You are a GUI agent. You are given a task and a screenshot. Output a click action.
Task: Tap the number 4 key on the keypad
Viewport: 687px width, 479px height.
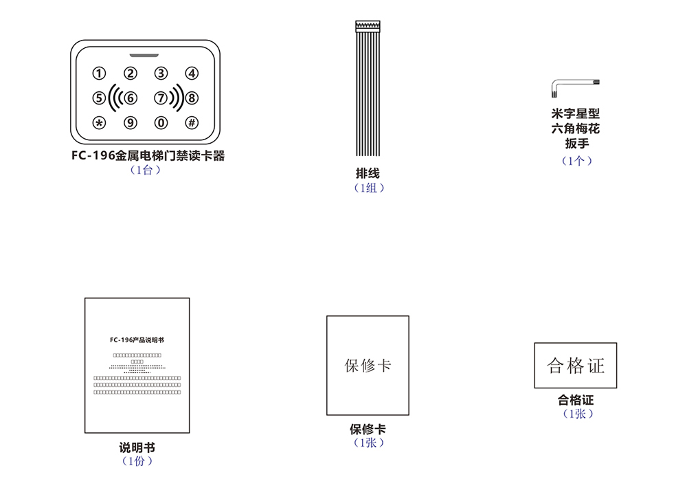(x=192, y=74)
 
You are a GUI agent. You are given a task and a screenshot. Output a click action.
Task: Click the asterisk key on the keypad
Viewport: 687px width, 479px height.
(x=100, y=123)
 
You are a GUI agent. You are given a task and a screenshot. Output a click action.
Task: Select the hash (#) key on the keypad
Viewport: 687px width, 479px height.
(x=192, y=123)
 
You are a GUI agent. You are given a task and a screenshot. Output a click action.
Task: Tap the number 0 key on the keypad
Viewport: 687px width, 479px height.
(x=161, y=123)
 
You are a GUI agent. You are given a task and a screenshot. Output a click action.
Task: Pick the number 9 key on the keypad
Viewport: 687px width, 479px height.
(x=130, y=123)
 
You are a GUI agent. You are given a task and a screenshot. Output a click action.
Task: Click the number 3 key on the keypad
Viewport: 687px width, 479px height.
(x=161, y=74)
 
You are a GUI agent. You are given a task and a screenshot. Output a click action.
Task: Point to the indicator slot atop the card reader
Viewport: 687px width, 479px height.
(x=145, y=53)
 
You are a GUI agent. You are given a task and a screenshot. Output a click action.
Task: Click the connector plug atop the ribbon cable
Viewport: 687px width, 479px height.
(x=368, y=26)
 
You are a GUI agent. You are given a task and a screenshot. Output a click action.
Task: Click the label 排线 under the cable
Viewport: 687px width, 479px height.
(x=368, y=174)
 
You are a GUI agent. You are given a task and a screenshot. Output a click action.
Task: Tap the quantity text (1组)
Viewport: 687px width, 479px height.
(x=368, y=188)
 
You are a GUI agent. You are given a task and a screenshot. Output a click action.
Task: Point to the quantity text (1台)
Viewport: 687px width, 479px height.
(x=145, y=170)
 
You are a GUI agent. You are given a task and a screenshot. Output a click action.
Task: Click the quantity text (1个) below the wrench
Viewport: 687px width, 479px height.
(x=576, y=161)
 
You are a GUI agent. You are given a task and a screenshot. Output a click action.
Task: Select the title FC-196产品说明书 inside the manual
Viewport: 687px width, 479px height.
(x=137, y=340)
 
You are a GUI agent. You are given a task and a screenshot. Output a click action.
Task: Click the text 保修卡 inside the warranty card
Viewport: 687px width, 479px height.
(x=368, y=365)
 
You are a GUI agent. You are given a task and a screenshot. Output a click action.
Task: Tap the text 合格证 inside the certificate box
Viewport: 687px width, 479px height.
(x=576, y=366)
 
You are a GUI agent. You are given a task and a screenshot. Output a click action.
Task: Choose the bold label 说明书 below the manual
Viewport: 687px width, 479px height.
(x=137, y=448)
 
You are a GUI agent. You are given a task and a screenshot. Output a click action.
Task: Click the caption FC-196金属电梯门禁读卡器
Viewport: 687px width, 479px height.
(x=148, y=156)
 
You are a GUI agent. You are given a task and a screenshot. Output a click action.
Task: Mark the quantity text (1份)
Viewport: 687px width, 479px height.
(x=137, y=461)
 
